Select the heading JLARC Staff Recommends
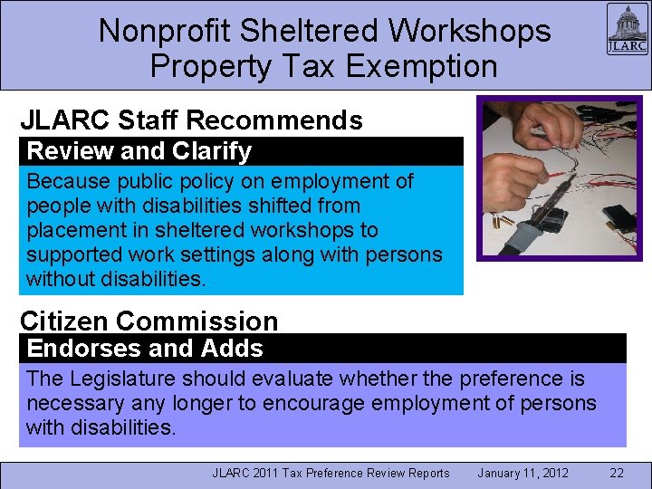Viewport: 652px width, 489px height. coord(191,120)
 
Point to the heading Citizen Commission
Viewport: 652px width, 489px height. coord(149,321)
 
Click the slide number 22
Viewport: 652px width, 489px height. coord(617,473)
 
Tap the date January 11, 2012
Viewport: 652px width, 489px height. coord(523,473)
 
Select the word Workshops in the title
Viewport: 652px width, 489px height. coord(469,30)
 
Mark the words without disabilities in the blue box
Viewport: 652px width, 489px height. coord(116,279)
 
